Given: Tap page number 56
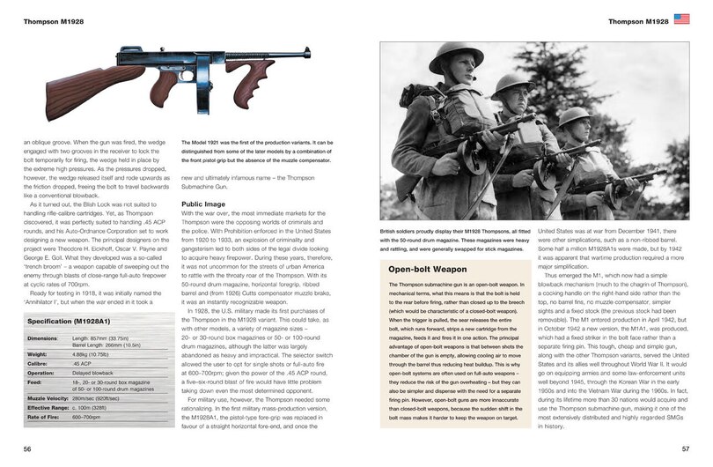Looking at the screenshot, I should tap(28, 450).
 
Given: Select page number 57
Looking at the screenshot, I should tap(684, 450).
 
